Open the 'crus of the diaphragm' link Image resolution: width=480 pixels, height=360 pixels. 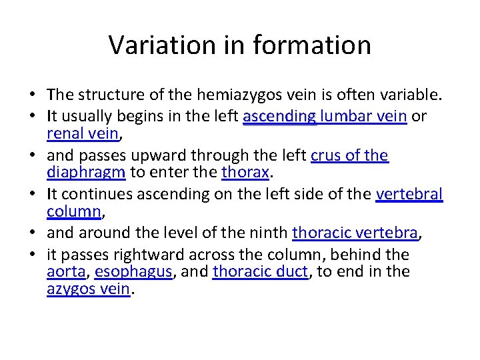[349, 155]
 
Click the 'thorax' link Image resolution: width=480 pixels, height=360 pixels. [245, 173]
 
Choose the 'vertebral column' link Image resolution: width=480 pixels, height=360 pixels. [409, 194]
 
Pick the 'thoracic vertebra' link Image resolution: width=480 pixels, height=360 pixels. [355, 233]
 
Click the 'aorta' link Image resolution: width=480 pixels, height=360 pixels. [67, 272]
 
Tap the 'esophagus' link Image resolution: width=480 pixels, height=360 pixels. [133, 272]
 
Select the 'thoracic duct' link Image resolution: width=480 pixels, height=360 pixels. [261, 272]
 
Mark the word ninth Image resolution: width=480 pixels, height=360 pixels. [269, 233]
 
